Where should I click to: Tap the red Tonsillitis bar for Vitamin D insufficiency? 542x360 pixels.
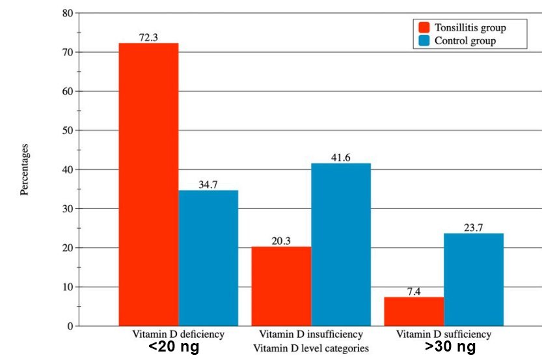pyautogui.click(x=281, y=286)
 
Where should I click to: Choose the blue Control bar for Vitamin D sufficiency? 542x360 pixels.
pyautogui.click(x=474, y=279)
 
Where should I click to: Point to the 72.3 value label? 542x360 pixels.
pyautogui.click(x=148, y=37)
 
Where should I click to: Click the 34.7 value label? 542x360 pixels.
pyautogui.click(x=208, y=184)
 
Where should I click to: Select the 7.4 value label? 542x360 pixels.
pyautogui.click(x=414, y=291)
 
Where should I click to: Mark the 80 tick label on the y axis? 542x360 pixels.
pyautogui.click(x=67, y=13)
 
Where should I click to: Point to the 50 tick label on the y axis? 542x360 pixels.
pyautogui.click(x=67, y=130)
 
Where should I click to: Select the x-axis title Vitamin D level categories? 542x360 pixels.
pyautogui.click(x=310, y=348)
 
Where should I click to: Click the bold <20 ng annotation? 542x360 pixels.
pyautogui.click(x=173, y=348)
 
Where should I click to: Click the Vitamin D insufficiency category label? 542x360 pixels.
pyautogui.click(x=310, y=334)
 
